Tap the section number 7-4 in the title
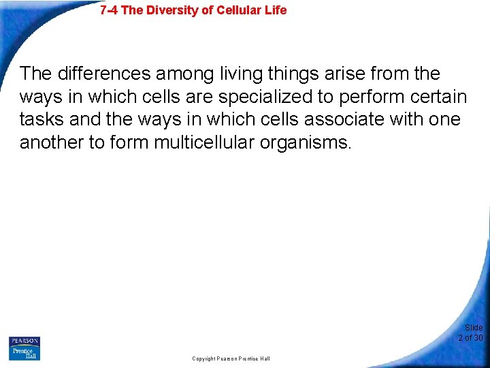(109, 10)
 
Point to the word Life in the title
(275, 10)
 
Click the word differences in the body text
(101, 74)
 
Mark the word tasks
(42, 120)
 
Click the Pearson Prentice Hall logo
(24, 348)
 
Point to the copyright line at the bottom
(231, 358)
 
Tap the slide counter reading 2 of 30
(470, 337)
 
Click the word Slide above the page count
(474, 328)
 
